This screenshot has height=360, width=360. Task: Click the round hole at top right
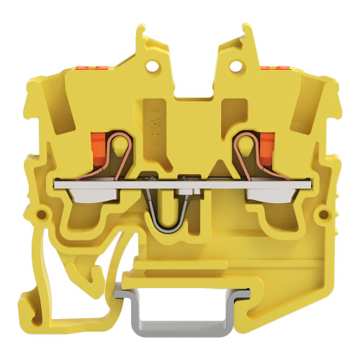[x=235, y=66]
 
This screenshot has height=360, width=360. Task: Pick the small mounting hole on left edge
[x=42, y=214]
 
